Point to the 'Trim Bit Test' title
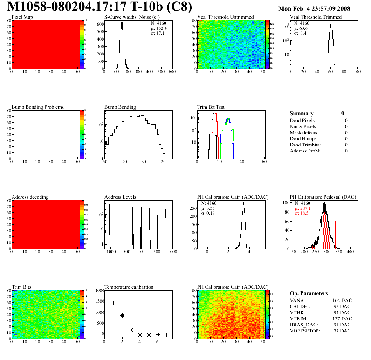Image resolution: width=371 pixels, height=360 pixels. [x=211, y=107]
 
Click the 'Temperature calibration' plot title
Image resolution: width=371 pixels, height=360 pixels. [x=129, y=287]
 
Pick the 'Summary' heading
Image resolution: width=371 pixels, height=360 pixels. [x=302, y=113]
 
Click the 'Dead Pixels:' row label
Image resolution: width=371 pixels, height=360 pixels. [x=303, y=120]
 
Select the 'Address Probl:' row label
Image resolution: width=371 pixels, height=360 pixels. [x=305, y=151]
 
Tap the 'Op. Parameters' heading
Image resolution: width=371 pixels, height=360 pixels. [x=309, y=293]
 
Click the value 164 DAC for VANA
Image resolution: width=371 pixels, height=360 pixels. [x=342, y=300]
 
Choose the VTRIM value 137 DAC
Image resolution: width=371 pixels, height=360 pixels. [x=342, y=318]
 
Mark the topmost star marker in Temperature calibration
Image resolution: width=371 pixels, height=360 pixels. [x=105, y=294]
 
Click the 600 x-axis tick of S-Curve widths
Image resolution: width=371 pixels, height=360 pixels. [x=172, y=72]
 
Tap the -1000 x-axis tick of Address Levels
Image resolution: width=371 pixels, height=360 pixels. [x=110, y=252]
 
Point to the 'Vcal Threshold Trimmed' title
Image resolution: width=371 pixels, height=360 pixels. [x=316, y=17]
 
